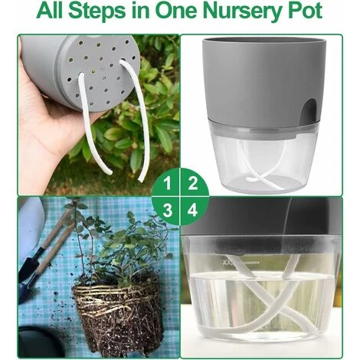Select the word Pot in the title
tap(308, 11)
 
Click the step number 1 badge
tap(167, 183)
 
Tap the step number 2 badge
tap(193, 183)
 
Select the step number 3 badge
tap(167, 211)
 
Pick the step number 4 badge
tap(193, 211)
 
